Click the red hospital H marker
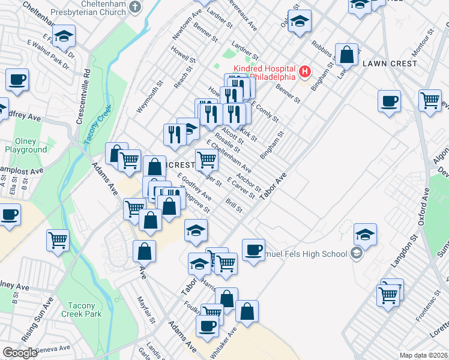[x=304, y=73]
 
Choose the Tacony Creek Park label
[x=82, y=309]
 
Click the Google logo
[x=20, y=353]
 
